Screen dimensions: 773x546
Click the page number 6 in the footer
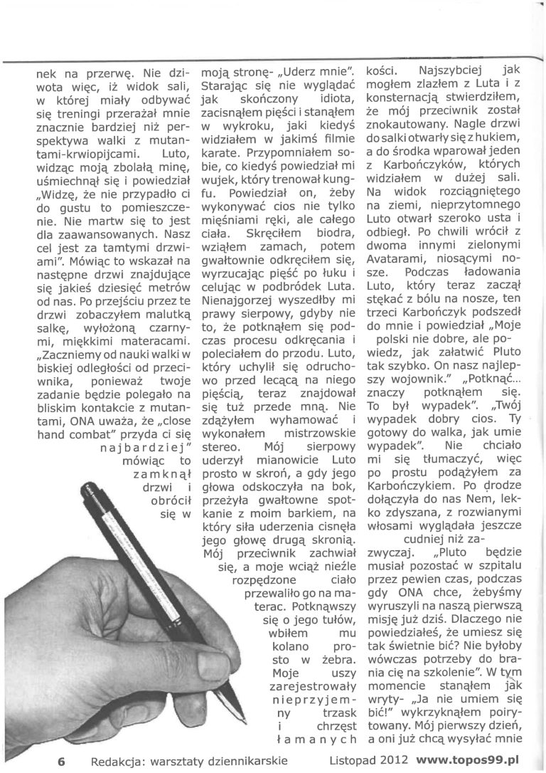pos(63,759)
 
